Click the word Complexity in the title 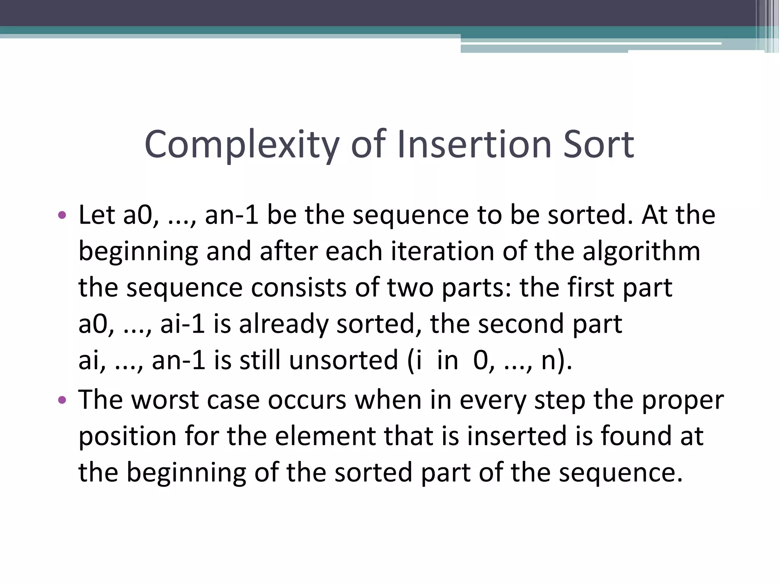242,144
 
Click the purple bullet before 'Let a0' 62,216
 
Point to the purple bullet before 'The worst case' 62,400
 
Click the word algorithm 641,251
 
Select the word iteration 443,251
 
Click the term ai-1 183,324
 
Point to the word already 283,324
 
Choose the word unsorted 343,360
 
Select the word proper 683,400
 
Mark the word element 325,436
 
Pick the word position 127,436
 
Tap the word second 520,324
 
